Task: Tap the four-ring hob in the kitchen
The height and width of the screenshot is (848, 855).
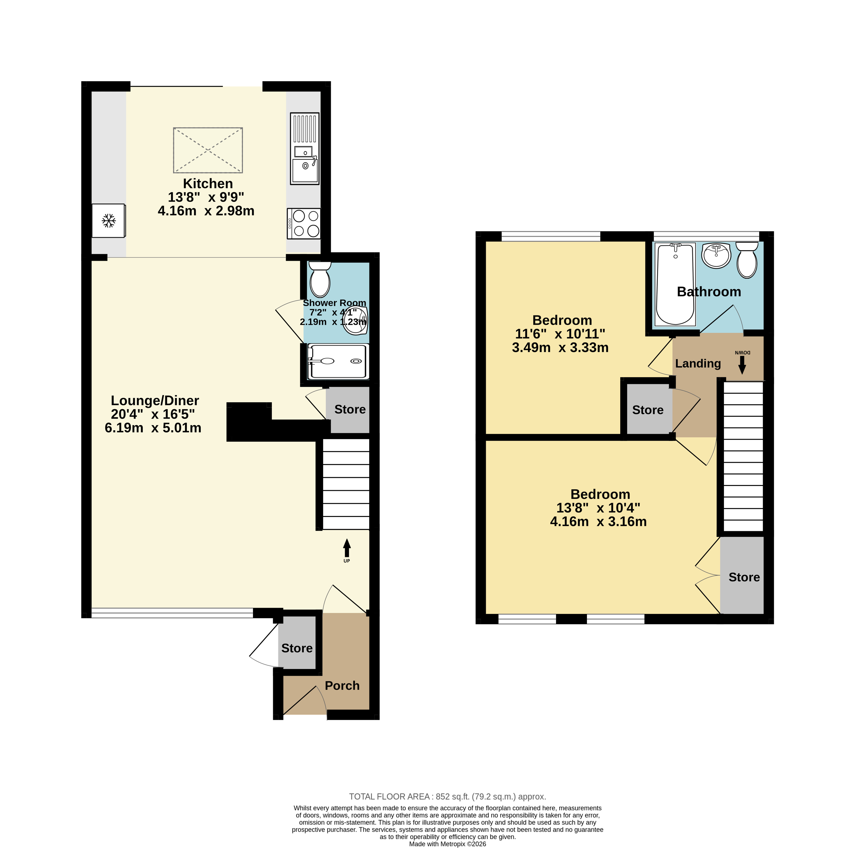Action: coord(304,224)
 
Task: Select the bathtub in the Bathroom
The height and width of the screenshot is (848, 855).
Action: coord(675,284)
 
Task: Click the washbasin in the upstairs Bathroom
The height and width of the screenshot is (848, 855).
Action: coord(716,255)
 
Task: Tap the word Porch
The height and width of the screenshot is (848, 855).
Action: coord(342,686)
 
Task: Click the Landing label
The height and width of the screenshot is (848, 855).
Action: coord(698,364)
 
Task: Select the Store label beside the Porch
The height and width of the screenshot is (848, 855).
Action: coord(297,648)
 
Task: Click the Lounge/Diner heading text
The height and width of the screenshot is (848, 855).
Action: coord(155,401)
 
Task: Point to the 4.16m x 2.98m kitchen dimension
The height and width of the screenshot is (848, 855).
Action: coord(206,211)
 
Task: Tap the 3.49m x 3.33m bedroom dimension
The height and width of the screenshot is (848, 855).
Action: coord(560,348)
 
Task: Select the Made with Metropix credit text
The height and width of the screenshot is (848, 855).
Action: coord(447,843)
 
